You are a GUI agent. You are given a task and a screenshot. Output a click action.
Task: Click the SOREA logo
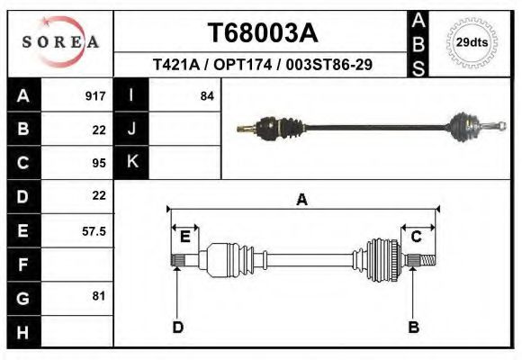coord(60,42)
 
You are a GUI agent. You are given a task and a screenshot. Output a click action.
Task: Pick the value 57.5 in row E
coord(94,230)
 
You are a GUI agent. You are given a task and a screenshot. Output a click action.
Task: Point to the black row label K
coord(131,162)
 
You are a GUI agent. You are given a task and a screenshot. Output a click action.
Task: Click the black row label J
coord(131,129)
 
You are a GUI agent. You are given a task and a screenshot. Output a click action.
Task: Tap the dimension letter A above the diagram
coord(302,200)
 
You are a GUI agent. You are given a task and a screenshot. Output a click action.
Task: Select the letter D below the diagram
coord(177,327)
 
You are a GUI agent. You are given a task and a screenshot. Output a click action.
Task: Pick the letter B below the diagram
coord(414,327)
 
